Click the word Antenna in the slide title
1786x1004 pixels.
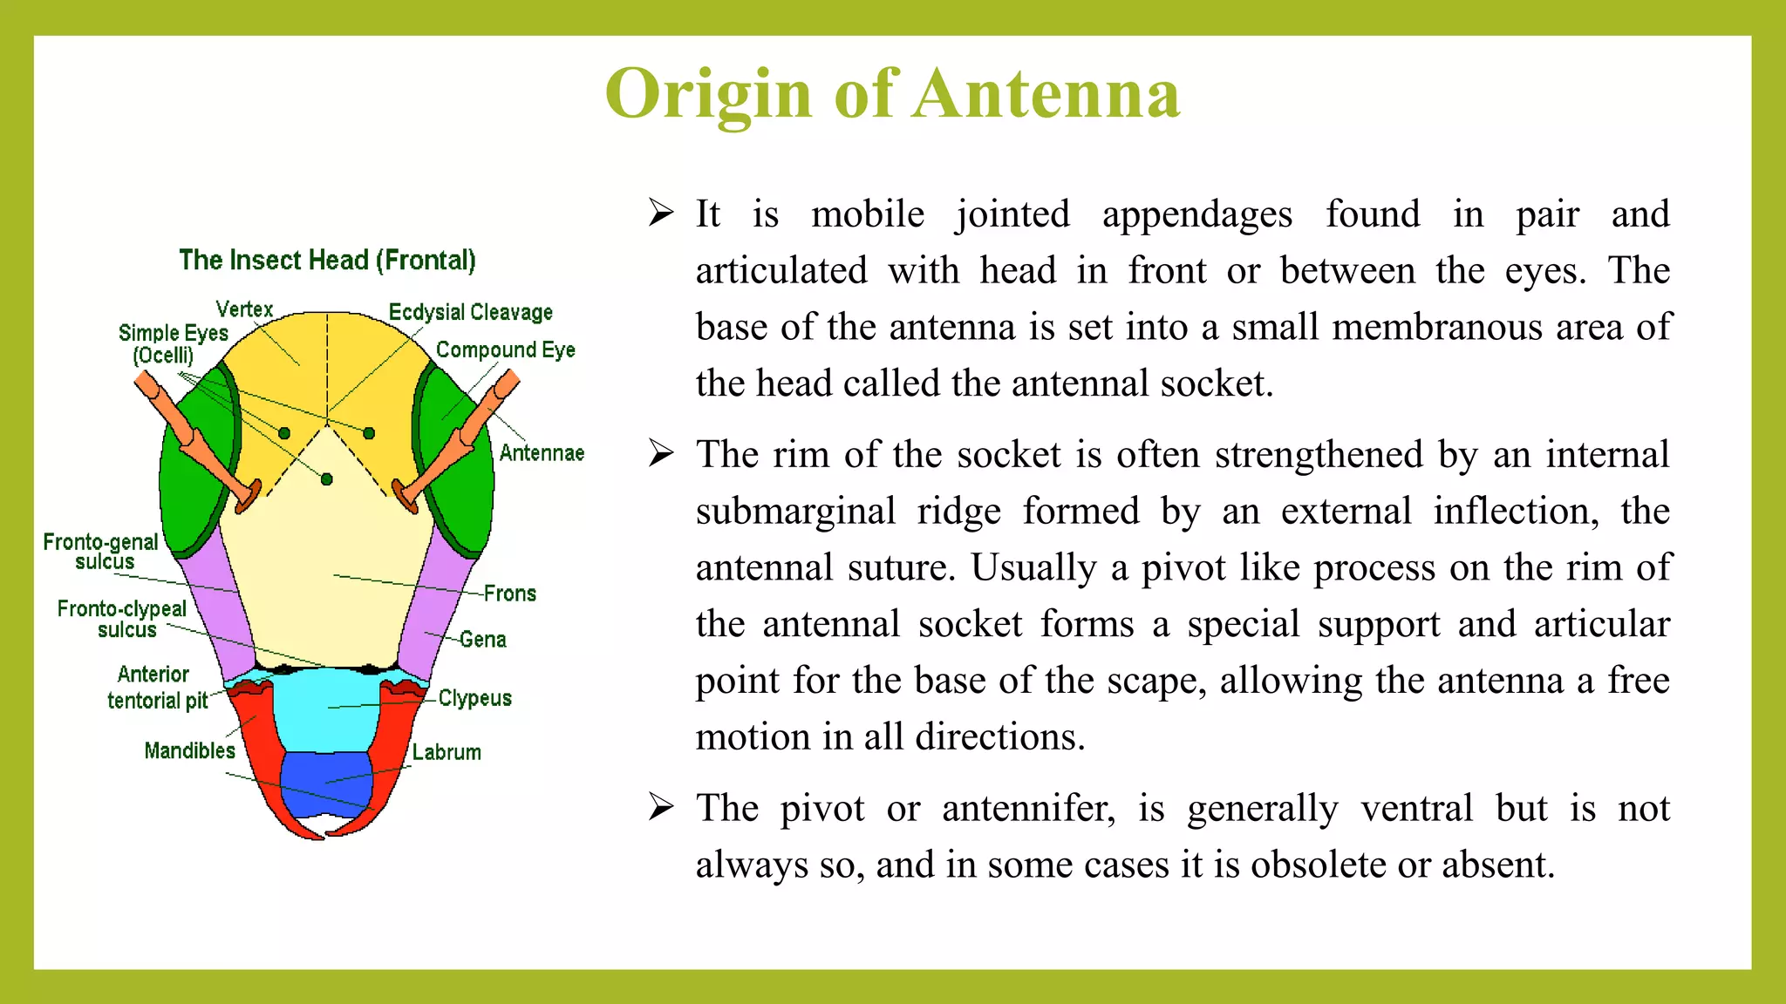click(x=1047, y=94)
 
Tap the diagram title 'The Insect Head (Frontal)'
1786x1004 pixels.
click(x=327, y=260)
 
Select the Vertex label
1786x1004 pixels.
click(x=244, y=309)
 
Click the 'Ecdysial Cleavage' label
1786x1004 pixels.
click(x=470, y=312)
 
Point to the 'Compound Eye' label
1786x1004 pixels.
click(x=505, y=349)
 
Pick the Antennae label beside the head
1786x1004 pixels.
click(x=541, y=453)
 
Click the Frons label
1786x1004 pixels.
click(x=510, y=594)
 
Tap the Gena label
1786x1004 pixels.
click(x=483, y=640)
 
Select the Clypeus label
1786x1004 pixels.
click(x=474, y=698)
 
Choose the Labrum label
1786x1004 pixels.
click(x=446, y=752)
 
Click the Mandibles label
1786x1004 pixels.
click(x=189, y=750)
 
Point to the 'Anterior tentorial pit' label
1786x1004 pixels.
click(x=156, y=687)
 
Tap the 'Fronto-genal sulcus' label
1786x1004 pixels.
click(x=101, y=552)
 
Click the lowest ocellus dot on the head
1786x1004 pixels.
click(x=327, y=479)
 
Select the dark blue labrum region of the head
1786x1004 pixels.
click(x=325, y=780)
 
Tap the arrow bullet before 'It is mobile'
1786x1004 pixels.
click(x=661, y=213)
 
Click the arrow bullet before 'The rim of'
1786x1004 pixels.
click(x=661, y=453)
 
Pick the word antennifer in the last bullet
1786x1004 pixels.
click(x=1028, y=808)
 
